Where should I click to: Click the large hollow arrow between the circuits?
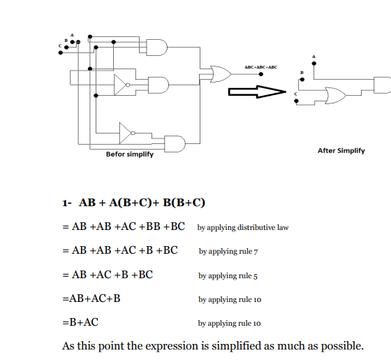click(x=257, y=92)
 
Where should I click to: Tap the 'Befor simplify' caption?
click(x=130, y=154)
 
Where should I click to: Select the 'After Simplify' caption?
click(x=341, y=151)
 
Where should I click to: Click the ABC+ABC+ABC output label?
click(x=261, y=67)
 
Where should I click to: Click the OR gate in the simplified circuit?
click(x=335, y=95)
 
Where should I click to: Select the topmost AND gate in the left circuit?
click(x=157, y=48)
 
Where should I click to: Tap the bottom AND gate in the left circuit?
click(x=175, y=144)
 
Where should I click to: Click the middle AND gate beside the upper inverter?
click(x=158, y=85)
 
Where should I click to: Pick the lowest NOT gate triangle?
click(x=126, y=133)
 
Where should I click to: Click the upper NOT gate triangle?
click(x=121, y=85)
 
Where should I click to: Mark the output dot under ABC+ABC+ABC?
click(x=261, y=74)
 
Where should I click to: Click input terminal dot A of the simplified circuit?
click(x=314, y=64)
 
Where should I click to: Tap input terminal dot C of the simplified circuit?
click(x=296, y=101)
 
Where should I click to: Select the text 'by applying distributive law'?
click(x=243, y=228)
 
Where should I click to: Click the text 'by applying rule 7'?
click(x=228, y=252)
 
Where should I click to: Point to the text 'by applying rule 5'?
click(x=228, y=276)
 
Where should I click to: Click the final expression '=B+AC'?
click(x=80, y=322)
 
